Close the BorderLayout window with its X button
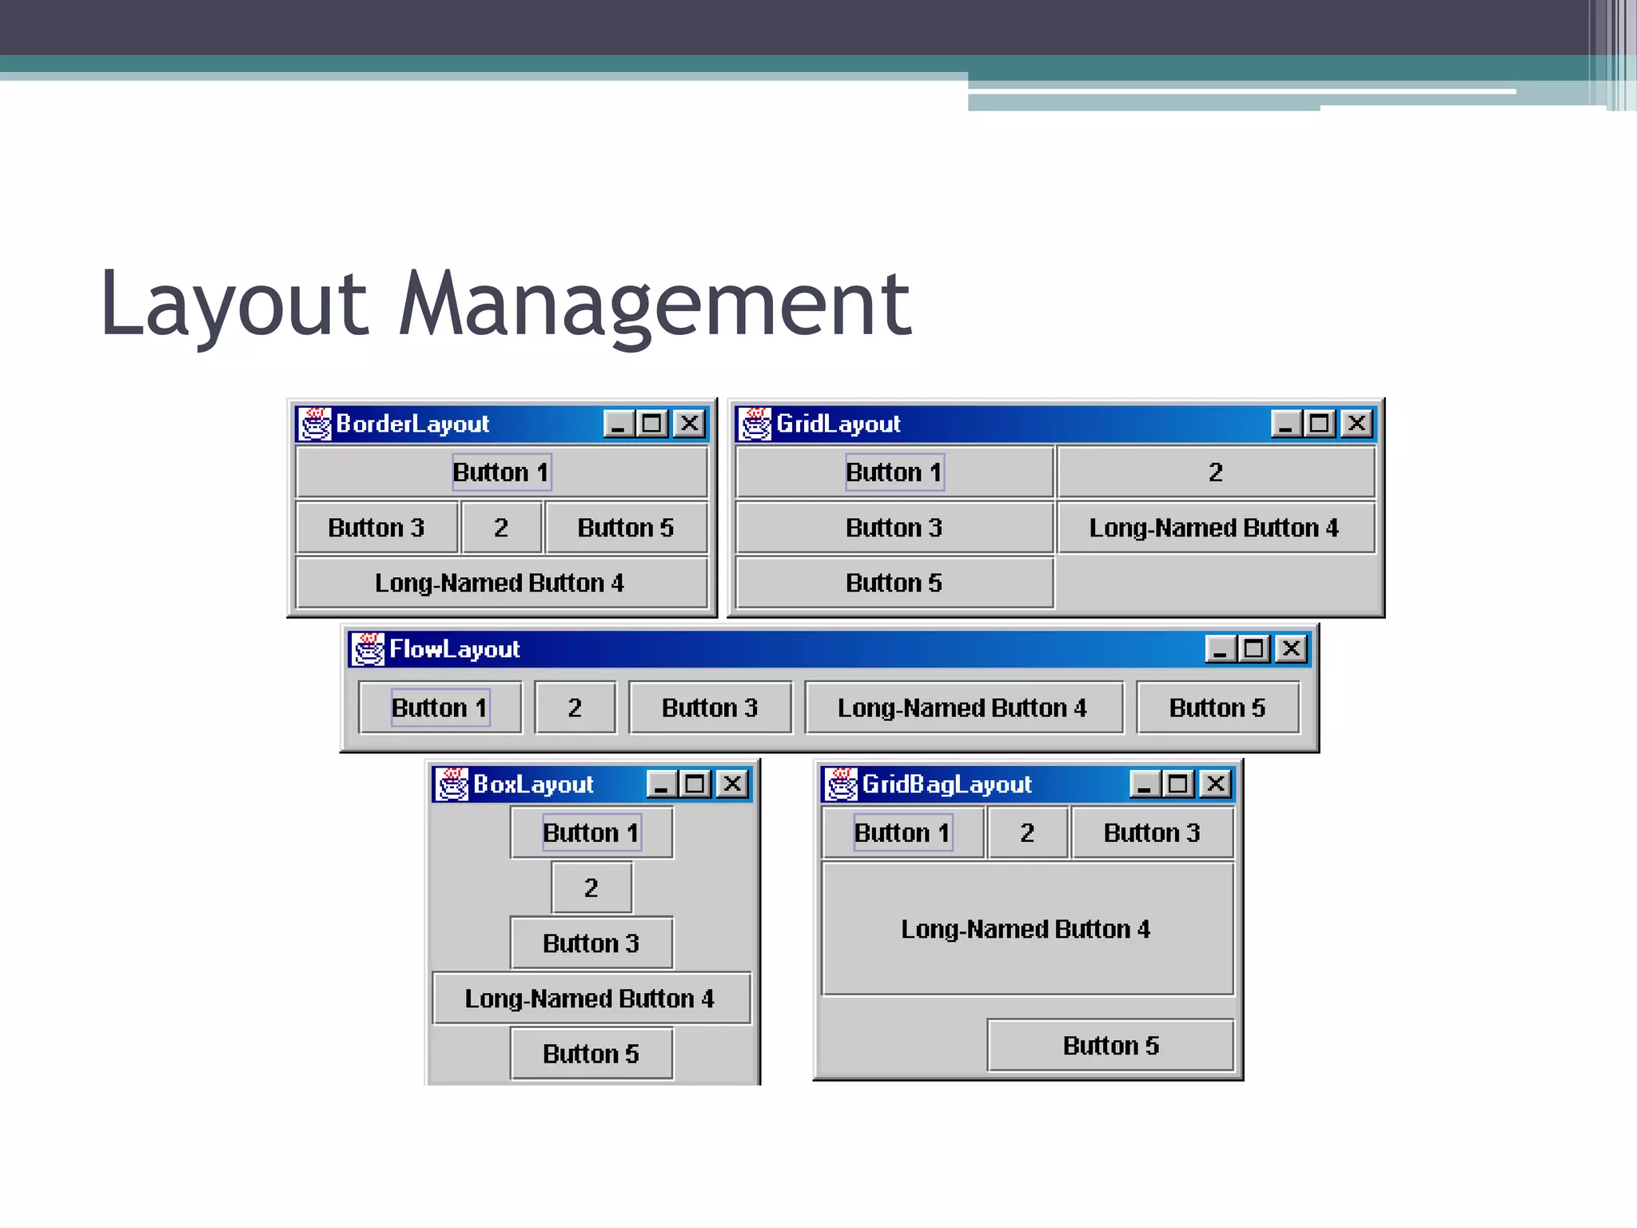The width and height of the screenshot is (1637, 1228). coord(689,423)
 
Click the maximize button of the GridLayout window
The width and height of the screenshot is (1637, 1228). coord(1319,423)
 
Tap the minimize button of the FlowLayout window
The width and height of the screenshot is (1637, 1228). coord(1221,648)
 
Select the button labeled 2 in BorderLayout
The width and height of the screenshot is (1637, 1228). coord(501,528)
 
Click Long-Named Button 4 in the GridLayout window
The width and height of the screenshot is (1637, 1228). coord(1215,528)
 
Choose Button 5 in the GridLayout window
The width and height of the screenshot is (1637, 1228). coord(894,583)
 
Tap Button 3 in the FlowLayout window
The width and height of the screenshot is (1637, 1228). coord(710,708)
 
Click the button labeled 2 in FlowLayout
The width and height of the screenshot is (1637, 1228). coord(575,708)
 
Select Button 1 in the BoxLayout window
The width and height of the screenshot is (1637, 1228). coord(591,833)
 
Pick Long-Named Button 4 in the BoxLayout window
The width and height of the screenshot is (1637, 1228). coord(591,999)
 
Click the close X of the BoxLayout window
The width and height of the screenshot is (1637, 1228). coord(732,784)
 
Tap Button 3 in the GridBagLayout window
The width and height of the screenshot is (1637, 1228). coord(1152,833)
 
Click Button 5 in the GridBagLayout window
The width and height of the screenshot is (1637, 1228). coord(1110,1046)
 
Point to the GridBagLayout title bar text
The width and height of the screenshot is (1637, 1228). coord(947,784)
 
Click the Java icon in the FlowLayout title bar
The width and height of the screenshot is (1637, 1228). coord(368,649)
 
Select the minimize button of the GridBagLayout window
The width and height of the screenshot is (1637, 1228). coord(1145,784)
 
